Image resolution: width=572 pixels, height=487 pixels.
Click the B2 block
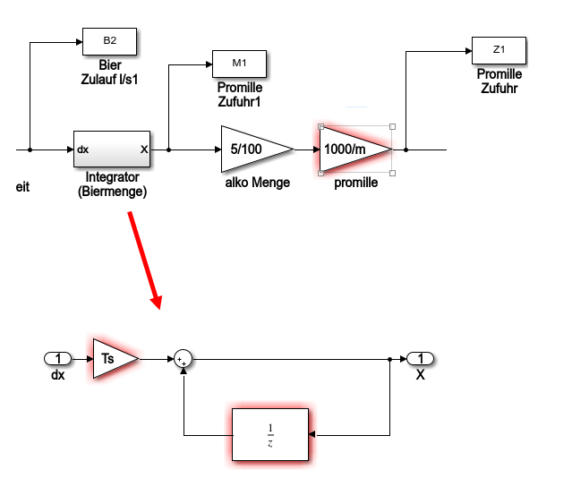[x=109, y=40]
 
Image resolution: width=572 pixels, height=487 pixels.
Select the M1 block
[x=238, y=63]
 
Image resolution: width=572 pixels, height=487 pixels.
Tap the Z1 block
[x=498, y=48]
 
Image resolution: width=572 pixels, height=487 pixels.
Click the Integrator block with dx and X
[x=112, y=150]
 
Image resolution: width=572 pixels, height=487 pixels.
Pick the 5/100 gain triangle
[x=251, y=149]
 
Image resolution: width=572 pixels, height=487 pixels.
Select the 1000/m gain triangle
[x=352, y=149]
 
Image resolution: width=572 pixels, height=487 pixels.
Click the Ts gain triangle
[x=111, y=358]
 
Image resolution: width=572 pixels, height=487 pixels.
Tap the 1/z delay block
[x=270, y=435]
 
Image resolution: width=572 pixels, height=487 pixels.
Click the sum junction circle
[x=184, y=359]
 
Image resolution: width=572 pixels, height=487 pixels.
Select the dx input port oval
[x=58, y=359]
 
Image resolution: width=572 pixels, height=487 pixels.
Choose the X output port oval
[x=420, y=359]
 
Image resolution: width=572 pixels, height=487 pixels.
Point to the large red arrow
[x=145, y=259]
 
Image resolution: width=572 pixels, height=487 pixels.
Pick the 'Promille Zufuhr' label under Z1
[x=499, y=81]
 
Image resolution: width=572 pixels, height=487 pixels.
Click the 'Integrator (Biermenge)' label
[x=113, y=184]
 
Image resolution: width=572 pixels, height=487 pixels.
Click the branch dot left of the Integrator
[x=30, y=150]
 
